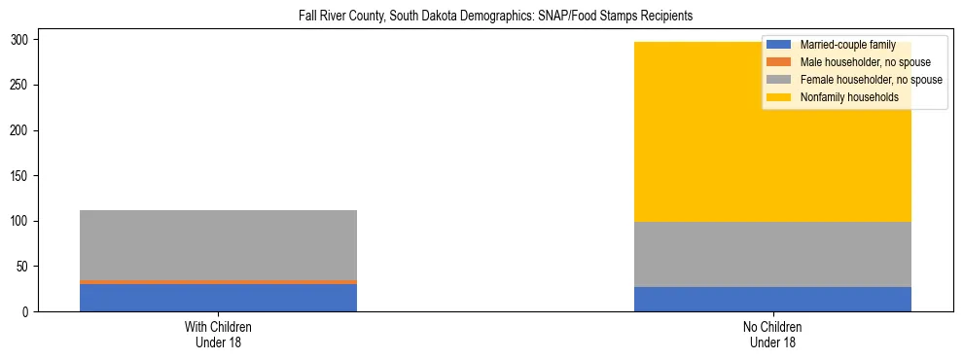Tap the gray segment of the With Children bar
click(x=218, y=244)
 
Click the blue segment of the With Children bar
click(x=218, y=298)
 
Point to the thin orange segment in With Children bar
click(x=218, y=282)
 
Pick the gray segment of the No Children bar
click(x=772, y=254)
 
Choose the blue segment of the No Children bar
click(x=772, y=299)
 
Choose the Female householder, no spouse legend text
click(x=871, y=80)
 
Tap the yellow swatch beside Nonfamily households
click(x=779, y=97)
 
